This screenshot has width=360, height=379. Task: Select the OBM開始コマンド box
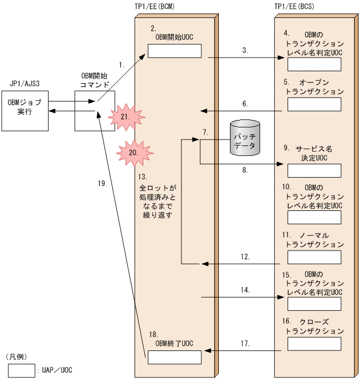95,111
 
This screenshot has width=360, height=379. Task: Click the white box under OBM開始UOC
174,51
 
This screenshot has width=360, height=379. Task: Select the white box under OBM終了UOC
174,357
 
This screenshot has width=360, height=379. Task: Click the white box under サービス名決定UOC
314,170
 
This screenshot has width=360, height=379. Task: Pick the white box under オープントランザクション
314,104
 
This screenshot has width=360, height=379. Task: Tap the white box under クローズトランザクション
314,344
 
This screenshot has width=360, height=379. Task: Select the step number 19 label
102,184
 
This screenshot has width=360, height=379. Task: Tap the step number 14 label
245,290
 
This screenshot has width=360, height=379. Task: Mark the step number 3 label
245,51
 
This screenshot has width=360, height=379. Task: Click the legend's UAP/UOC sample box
22,369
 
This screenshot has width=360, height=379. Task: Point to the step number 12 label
245,256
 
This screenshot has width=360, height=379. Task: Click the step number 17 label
245,344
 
